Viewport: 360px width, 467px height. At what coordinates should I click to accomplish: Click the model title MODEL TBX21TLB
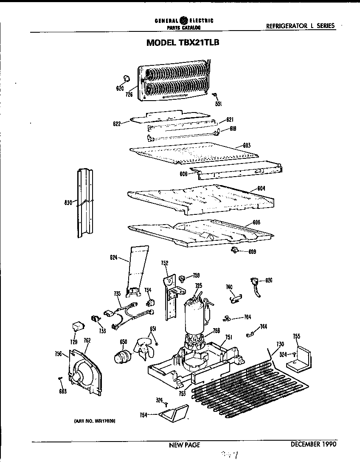pyautogui.click(x=183, y=42)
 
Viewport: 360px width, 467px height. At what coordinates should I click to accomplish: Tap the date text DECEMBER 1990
pyautogui.click(x=313, y=444)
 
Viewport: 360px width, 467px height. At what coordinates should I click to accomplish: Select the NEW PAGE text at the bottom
pyautogui.click(x=184, y=445)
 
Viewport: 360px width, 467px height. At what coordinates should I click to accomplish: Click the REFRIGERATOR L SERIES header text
pyautogui.click(x=300, y=25)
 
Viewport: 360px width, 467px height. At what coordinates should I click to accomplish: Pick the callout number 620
pyautogui.click(x=120, y=89)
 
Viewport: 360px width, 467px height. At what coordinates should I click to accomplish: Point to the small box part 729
pyautogui.click(x=77, y=326)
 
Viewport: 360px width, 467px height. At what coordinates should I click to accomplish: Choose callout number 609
pyautogui.click(x=252, y=251)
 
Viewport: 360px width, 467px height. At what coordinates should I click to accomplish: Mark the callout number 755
pyautogui.click(x=296, y=337)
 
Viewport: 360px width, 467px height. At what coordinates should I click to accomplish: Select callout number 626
pyautogui.click(x=269, y=280)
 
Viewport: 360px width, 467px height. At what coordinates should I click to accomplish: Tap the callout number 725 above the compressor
pyautogui.click(x=198, y=286)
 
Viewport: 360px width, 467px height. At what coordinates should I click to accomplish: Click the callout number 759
pyautogui.click(x=196, y=275)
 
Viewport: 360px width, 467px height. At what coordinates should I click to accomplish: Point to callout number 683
pyautogui.click(x=62, y=391)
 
